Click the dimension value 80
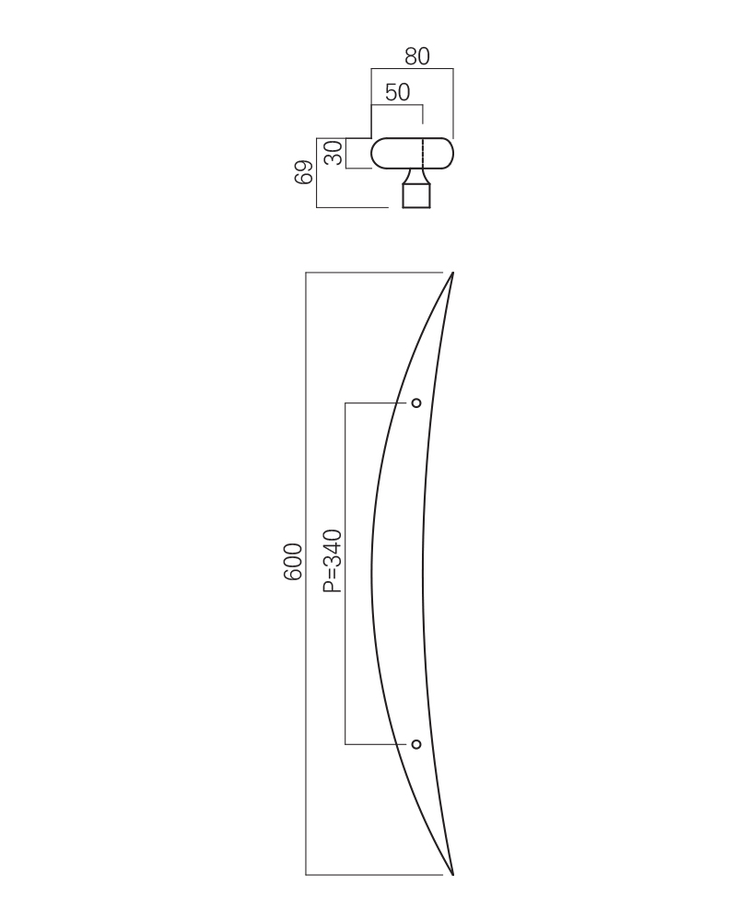coord(417,56)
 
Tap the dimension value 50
coord(397,92)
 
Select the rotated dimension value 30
coord(333,153)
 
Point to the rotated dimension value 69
coord(303,172)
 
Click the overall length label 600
coord(293,562)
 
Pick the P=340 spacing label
coord(333,561)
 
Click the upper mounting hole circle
coord(416,403)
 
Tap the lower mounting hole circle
coord(416,744)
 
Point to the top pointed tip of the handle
coord(452,273)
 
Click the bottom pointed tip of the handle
coord(452,875)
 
